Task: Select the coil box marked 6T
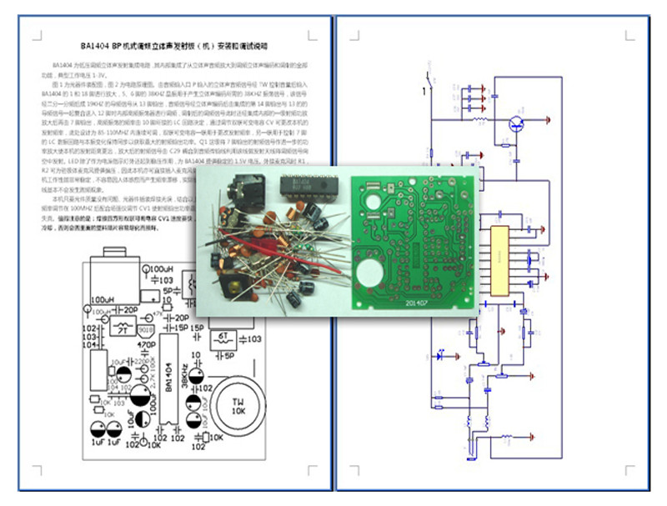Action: (223, 338)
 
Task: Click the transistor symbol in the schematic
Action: (517, 124)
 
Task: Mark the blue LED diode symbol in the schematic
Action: (443, 354)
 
